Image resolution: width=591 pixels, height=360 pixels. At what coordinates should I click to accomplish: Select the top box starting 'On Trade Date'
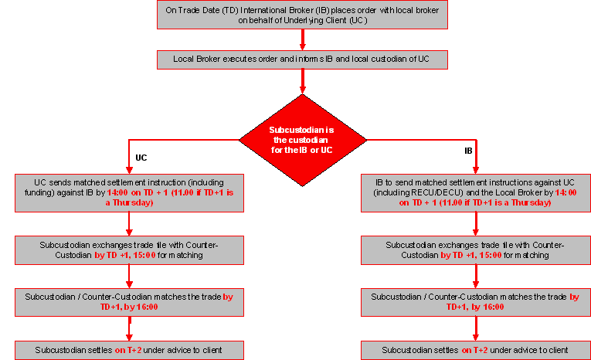pos(302,15)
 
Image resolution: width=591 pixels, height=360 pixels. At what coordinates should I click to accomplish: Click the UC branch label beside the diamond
pos(141,156)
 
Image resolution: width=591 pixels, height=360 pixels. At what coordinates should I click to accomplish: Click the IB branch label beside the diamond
pos(468,151)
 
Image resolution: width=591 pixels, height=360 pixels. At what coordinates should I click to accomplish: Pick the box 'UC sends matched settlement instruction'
pos(129,192)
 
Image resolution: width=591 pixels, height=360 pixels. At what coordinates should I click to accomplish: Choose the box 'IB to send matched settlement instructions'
pos(475,192)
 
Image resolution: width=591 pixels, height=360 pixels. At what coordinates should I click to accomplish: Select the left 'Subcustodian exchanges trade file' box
pos(129,250)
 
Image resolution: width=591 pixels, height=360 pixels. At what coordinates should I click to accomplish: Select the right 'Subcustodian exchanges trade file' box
pos(475,250)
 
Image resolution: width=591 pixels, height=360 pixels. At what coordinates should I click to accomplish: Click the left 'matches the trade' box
pos(129,301)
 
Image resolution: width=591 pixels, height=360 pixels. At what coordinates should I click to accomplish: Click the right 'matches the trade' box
pos(475,301)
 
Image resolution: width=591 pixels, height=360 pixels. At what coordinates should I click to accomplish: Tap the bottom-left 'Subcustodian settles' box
pos(129,350)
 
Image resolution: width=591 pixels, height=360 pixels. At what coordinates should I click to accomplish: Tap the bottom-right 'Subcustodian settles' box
pos(475,350)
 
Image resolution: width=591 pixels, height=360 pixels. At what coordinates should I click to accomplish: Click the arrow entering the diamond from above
pos(302,80)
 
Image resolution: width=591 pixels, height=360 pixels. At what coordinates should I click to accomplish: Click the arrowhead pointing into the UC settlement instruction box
pos(129,170)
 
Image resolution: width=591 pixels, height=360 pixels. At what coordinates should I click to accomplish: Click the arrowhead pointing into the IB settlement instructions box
pos(476,170)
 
